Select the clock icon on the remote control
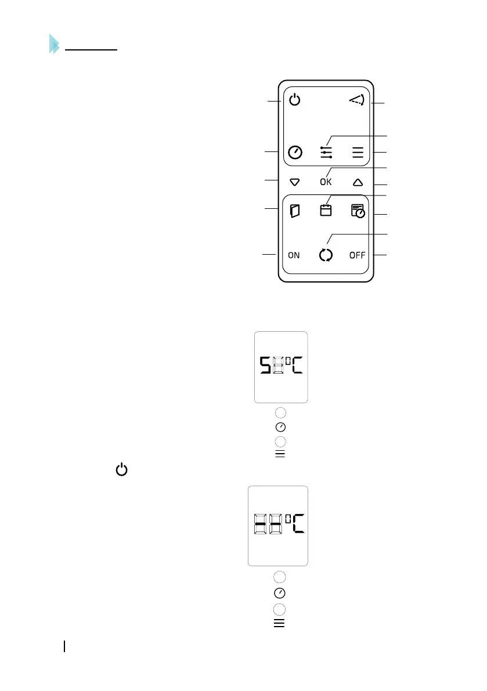[295, 153]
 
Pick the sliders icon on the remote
[326, 153]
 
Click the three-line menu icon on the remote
[358, 153]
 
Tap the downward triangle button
[295, 182]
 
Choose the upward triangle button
[358, 182]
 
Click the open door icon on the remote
[295, 211]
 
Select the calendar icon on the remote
[326, 210]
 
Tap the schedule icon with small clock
[358, 211]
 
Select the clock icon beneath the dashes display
[280, 594]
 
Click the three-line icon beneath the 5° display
[280, 454]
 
